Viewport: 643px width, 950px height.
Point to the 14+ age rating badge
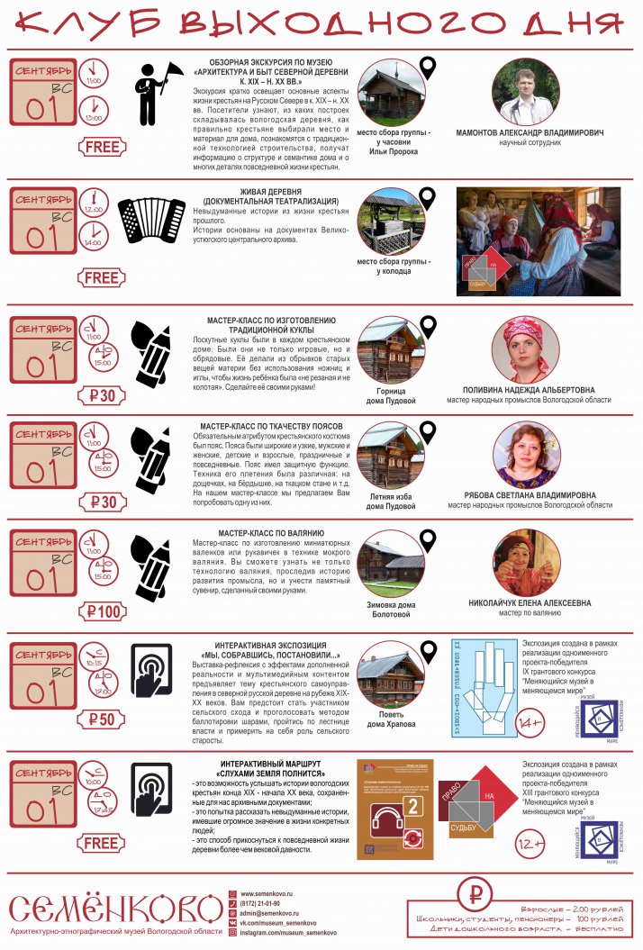click(x=529, y=722)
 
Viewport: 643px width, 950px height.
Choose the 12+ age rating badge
click(x=529, y=844)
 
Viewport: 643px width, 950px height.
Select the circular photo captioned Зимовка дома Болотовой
click(x=390, y=563)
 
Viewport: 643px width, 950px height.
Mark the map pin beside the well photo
click(x=427, y=199)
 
